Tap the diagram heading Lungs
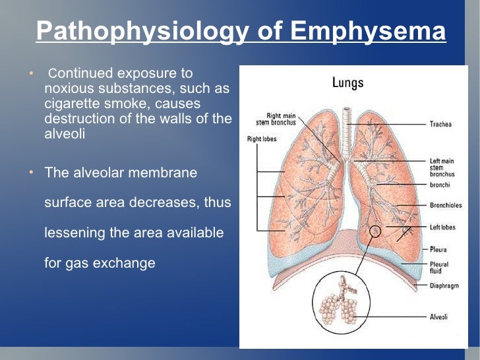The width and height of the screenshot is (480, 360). click(347, 83)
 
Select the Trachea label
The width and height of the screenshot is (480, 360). click(440, 124)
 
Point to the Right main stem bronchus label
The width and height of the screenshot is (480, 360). click(276, 119)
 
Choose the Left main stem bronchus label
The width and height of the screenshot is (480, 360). click(443, 167)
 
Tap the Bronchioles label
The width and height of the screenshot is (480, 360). click(446, 205)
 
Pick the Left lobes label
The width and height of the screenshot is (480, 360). click(443, 227)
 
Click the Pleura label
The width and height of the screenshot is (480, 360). click(438, 250)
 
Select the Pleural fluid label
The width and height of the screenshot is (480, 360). click(439, 267)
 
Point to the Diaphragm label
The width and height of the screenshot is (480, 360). click(444, 287)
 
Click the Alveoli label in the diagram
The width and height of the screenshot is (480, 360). click(439, 316)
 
